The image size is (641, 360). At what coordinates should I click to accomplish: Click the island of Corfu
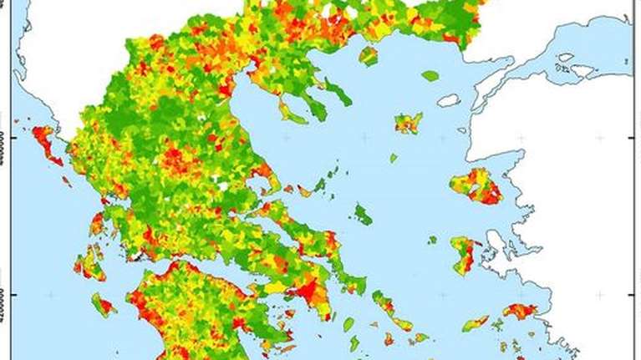point(47,143)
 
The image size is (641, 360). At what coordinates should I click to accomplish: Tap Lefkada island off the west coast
point(97,223)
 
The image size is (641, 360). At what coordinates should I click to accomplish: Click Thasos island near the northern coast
point(369,56)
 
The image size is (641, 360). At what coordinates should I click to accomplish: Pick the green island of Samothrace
point(430,76)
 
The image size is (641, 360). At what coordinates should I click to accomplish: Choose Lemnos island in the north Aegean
point(409,124)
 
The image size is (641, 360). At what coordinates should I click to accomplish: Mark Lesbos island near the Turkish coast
point(476,185)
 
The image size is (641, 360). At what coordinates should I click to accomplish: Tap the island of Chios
point(464,253)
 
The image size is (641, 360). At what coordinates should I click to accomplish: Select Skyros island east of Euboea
point(362,215)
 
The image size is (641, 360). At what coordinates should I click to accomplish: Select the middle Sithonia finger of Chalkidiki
point(315,105)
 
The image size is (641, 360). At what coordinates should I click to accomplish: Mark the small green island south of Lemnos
point(394,157)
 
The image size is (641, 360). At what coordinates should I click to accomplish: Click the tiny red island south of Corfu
point(66,180)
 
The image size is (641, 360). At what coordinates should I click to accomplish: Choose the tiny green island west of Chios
point(432,240)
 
